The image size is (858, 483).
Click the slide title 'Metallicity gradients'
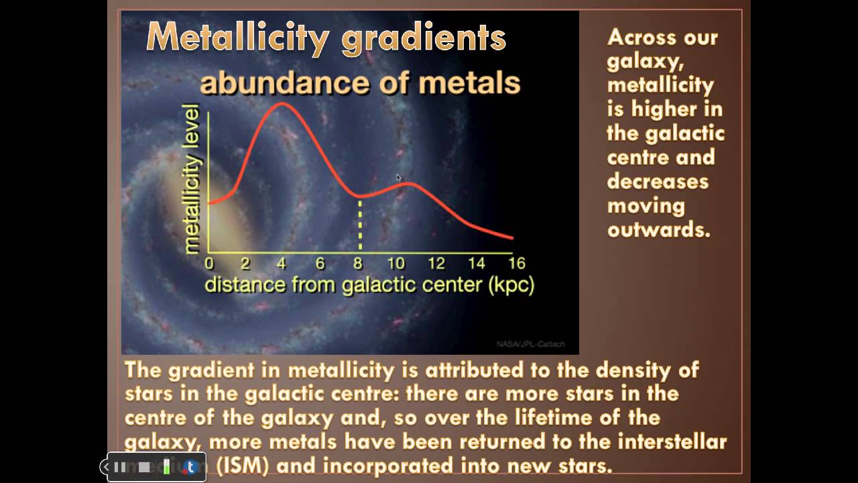[x=326, y=38]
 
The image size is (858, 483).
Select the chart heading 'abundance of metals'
[x=360, y=83]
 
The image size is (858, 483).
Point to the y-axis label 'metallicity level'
[x=192, y=179]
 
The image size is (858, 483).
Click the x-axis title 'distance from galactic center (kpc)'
[x=369, y=284]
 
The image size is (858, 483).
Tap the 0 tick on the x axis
[x=209, y=263]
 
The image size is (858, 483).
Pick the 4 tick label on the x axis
[x=282, y=263]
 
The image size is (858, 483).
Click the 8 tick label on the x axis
[x=360, y=263]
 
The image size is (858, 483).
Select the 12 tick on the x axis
[x=436, y=263]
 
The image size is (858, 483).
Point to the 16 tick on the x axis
[x=516, y=263]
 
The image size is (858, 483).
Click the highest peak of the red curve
[x=281, y=103]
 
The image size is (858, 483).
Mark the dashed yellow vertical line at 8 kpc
[x=360, y=225]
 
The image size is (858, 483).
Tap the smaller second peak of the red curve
[x=407, y=183]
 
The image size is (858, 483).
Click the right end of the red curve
[x=512, y=237]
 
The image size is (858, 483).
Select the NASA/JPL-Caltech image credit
[x=530, y=344]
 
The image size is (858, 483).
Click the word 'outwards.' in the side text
[x=658, y=229]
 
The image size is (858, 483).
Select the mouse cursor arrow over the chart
[x=398, y=178]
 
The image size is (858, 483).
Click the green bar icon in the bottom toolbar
[x=166, y=467]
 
